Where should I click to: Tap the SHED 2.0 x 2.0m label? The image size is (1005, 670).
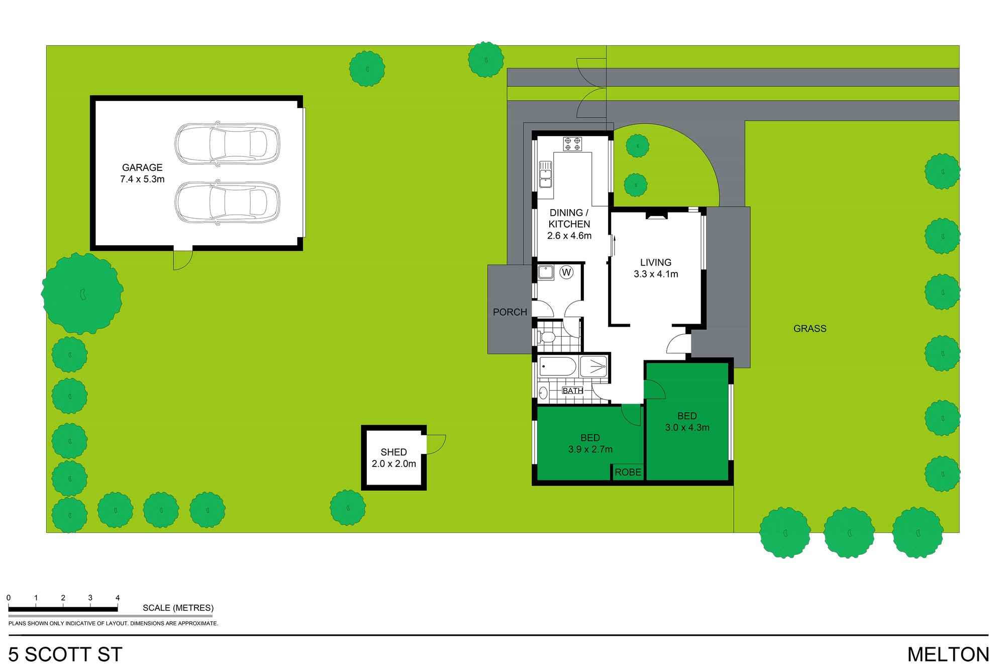coord(394,458)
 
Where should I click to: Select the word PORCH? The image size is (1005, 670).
coord(510,312)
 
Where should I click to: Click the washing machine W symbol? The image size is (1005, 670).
coord(567,272)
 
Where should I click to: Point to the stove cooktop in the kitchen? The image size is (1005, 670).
coord(572,144)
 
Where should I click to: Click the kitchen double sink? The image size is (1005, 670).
coord(545,174)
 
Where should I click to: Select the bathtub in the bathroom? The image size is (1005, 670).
coord(558,366)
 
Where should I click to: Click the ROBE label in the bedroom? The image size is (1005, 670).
coord(628,472)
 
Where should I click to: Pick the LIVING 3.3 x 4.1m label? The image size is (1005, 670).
coord(656,268)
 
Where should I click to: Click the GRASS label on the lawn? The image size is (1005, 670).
coord(810,329)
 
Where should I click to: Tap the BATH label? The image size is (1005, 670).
coord(573,391)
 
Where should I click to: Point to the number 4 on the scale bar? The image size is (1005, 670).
coord(118,598)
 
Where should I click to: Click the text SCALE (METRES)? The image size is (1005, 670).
coord(178,608)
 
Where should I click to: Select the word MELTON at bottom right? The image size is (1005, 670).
coord(948,654)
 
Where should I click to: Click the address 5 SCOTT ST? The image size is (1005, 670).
coord(65,654)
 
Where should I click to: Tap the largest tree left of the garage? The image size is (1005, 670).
coord(82,294)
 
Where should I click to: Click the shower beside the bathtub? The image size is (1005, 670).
coord(593,366)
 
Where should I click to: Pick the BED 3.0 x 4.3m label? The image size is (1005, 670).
coord(687,422)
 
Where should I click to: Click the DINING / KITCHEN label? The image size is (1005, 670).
coord(569,224)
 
